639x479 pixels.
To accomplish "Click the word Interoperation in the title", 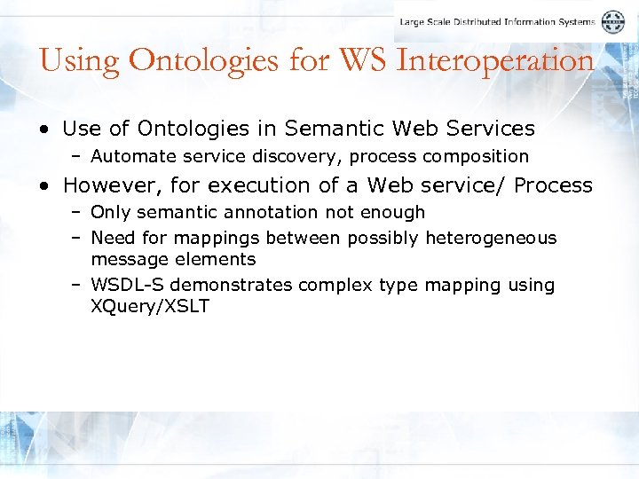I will pos(494,61).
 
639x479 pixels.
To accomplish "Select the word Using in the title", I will pos(80,61).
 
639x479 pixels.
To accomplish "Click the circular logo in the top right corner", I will pos(612,22).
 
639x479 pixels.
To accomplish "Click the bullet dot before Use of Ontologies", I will pos(43,130).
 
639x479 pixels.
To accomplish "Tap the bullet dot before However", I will pos(43,186).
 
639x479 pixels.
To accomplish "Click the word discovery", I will pos(306,157).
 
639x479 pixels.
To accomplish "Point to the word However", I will pos(106,185).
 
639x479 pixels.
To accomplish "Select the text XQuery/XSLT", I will pos(150,307).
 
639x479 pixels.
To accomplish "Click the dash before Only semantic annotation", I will pos(77,213).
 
